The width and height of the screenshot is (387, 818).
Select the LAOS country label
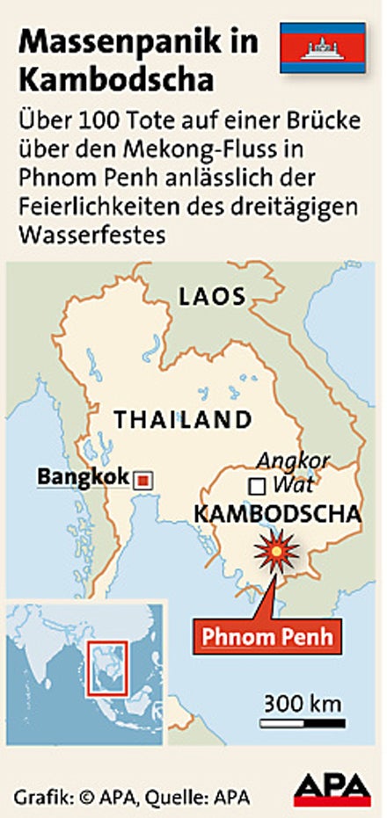211,296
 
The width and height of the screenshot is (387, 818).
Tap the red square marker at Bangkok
142,480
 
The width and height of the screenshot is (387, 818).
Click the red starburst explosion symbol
277,553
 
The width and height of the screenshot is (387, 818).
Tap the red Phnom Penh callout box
267,635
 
